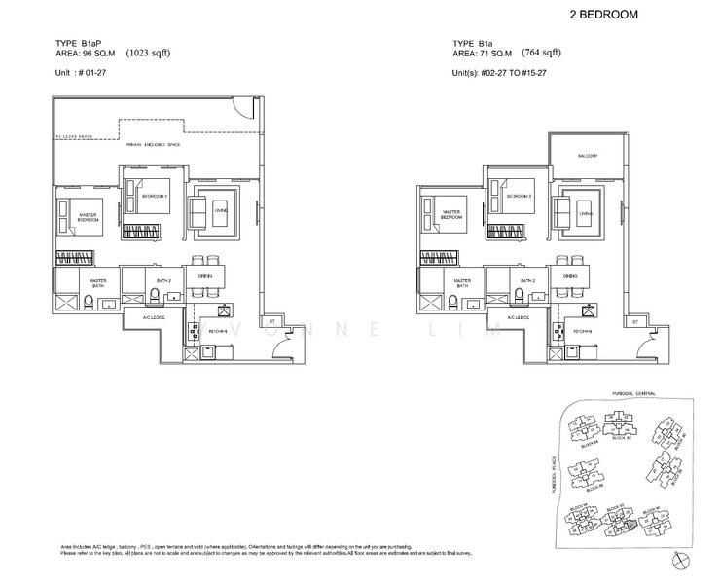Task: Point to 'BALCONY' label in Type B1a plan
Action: pos(585,156)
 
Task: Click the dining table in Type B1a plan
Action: pos(566,276)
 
